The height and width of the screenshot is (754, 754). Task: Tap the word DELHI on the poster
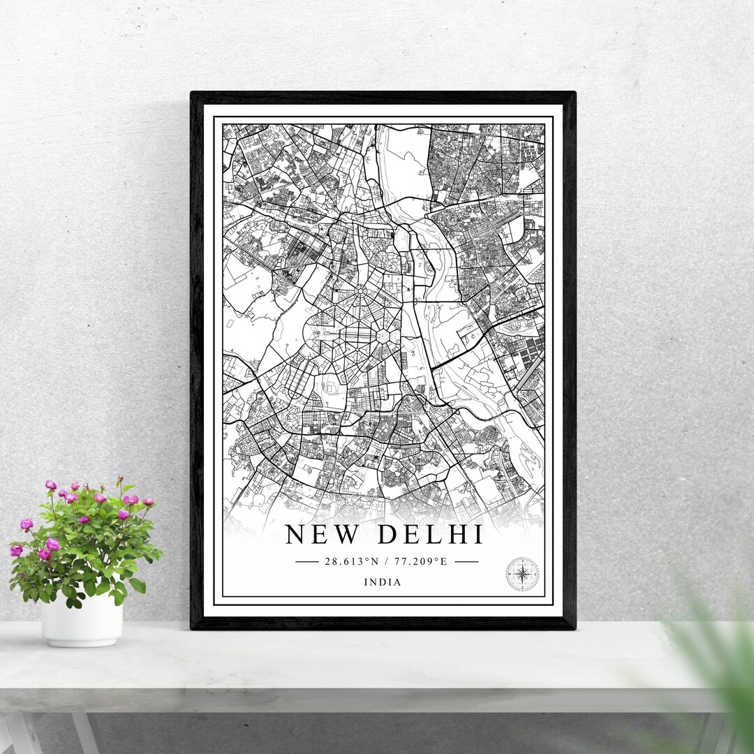(431, 535)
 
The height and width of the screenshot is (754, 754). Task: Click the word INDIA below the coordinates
(383, 582)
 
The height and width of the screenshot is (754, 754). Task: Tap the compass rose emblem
(522, 574)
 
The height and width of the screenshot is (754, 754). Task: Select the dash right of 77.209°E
(466, 561)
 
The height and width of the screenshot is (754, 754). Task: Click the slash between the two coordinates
(385, 561)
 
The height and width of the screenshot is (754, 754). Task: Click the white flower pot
(82, 620)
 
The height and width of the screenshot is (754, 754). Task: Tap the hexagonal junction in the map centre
(383, 337)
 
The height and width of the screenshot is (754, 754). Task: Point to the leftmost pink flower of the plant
(16, 551)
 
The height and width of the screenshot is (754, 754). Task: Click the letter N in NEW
(296, 535)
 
